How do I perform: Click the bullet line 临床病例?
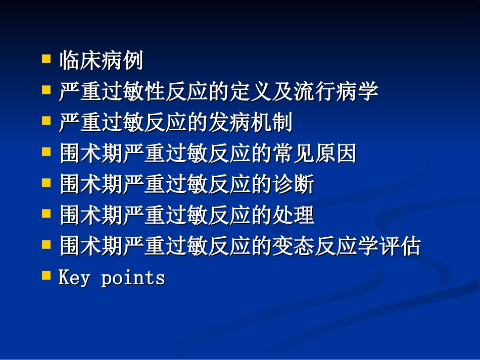click(x=101, y=61)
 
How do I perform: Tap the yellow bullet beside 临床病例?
click(x=46, y=59)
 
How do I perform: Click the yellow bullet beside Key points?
click(x=46, y=276)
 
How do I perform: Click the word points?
click(x=133, y=278)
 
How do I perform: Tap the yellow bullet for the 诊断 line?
click(x=46, y=183)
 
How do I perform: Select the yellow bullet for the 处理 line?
click(x=46, y=214)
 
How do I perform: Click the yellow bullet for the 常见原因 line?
click(x=46, y=151)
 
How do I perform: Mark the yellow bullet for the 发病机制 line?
click(x=46, y=121)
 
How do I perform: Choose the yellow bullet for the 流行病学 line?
click(x=46, y=90)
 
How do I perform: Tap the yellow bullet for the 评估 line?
click(x=46, y=245)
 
